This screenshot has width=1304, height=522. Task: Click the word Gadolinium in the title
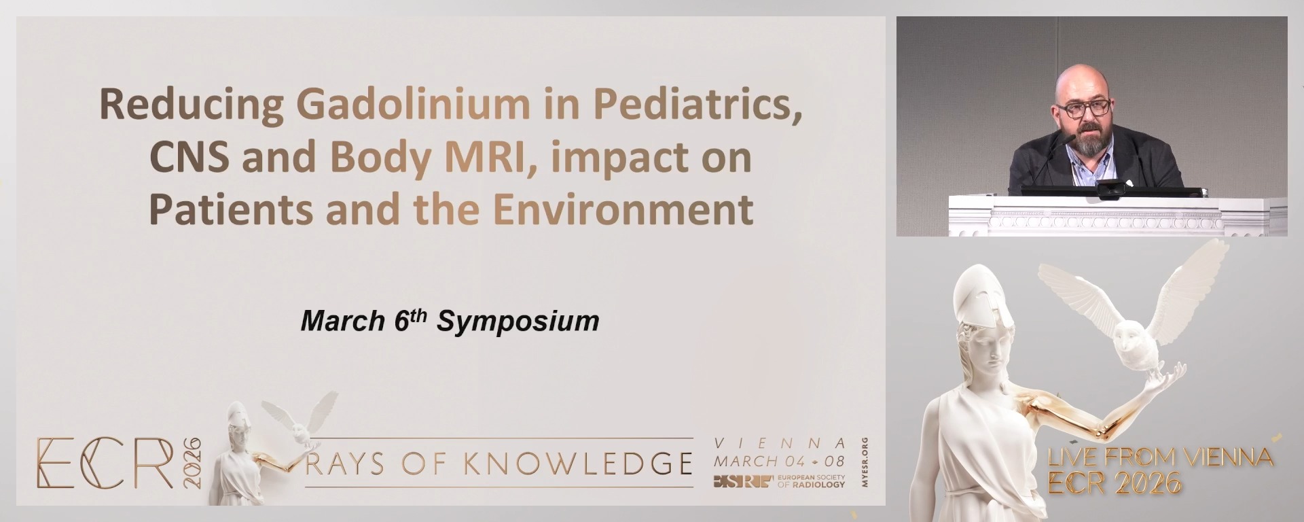click(x=413, y=104)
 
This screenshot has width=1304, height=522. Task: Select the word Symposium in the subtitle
click(x=518, y=321)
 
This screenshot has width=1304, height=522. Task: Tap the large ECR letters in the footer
click(x=105, y=464)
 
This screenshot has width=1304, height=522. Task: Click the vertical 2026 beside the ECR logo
click(x=192, y=463)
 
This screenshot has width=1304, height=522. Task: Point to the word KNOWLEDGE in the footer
click(x=577, y=464)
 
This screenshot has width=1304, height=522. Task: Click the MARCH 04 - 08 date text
click(x=779, y=461)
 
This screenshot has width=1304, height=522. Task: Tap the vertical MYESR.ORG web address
click(x=864, y=462)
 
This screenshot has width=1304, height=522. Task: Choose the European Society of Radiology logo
click(x=779, y=481)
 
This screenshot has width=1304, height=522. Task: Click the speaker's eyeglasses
click(x=1084, y=107)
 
